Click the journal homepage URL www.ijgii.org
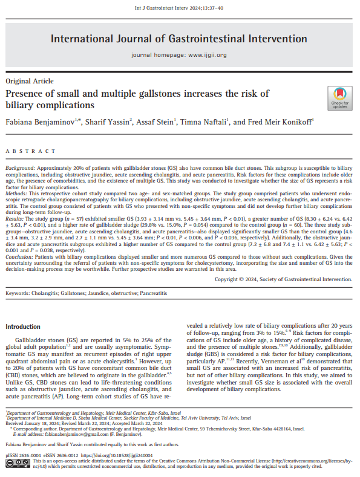(x=208, y=55)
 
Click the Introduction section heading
(x=24, y=326)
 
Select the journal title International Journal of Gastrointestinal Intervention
(x=180, y=39)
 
